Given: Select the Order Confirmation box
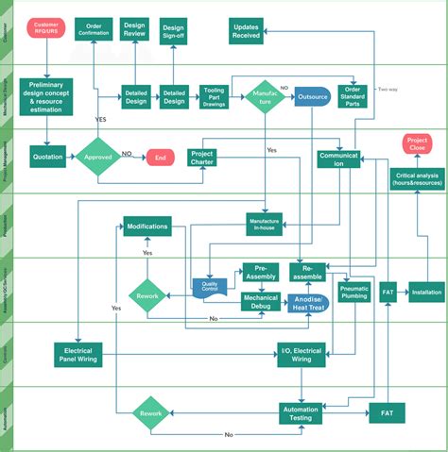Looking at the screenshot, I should pyautogui.click(x=95, y=29).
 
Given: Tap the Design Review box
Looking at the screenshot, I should pyautogui.click(x=135, y=29).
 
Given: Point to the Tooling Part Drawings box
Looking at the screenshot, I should pyautogui.click(x=215, y=97).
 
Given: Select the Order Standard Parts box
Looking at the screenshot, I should pyautogui.click(x=353, y=97).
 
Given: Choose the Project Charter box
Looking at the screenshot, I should pyautogui.click(x=202, y=158).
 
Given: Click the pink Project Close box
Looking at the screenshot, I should pyautogui.click(x=416, y=144).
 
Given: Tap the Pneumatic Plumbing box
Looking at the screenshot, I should pyautogui.click(x=353, y=292).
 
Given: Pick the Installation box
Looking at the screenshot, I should pyautogui.click(x=426, y=293).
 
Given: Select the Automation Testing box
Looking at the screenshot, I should pyautogui.click(x=301, y=412).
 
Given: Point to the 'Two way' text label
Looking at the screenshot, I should pyautogui.click(x=388, y=90).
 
